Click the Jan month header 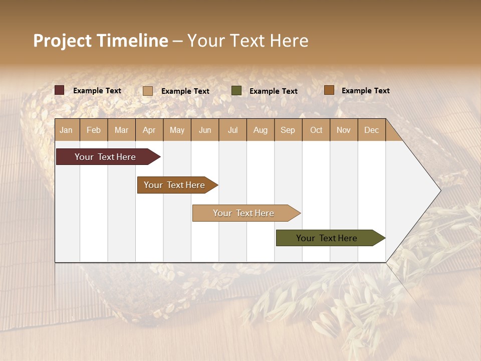point(67,130)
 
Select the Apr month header point(149,130)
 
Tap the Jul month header point(232,130)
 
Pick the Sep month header point(288,130)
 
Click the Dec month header point(371,130)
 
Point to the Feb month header point(94,130)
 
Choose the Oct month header point(316,130)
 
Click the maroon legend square point(60,90)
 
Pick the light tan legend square point(148,91)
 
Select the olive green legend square point(236,91)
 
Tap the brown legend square point(329,90)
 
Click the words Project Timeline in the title point(101,41)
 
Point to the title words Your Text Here point(248,41)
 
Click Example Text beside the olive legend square point(274,91)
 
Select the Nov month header point(344,130)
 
